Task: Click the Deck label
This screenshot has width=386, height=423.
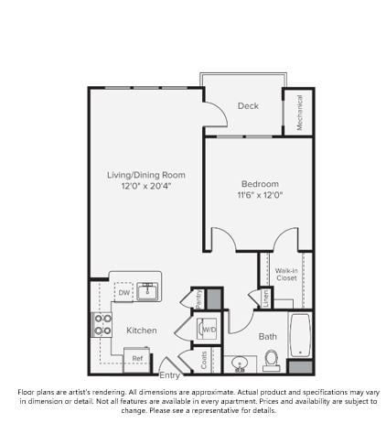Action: click(x=248, y=106)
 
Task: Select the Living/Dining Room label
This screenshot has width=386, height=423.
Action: click(x=146, y=174)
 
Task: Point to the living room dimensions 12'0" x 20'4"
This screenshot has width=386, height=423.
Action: click(x=146, y=186)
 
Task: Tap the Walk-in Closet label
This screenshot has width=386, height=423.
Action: click(x=286, y=274)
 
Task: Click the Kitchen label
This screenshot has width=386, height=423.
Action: click(x=142, y=330)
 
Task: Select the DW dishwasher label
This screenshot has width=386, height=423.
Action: click(x=124, y=293)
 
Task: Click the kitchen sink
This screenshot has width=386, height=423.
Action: click(x=149, y=291)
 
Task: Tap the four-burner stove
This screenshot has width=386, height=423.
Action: click(x=102, y=325)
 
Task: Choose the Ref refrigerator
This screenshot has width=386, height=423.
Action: click(x=137, y=357)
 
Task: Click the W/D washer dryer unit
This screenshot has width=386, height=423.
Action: click(x=209, y=329)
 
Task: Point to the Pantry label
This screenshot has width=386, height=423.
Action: click(x=198, y=298)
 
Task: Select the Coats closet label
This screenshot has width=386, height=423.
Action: click(x=203, y=360)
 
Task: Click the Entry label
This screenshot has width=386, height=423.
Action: click(x=170, y=375)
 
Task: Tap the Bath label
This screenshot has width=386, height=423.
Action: click(x=267, y=336)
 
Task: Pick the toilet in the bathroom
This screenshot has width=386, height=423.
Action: click(x=272, y=363)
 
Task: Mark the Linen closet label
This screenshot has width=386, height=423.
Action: click(x=265, y=297)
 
